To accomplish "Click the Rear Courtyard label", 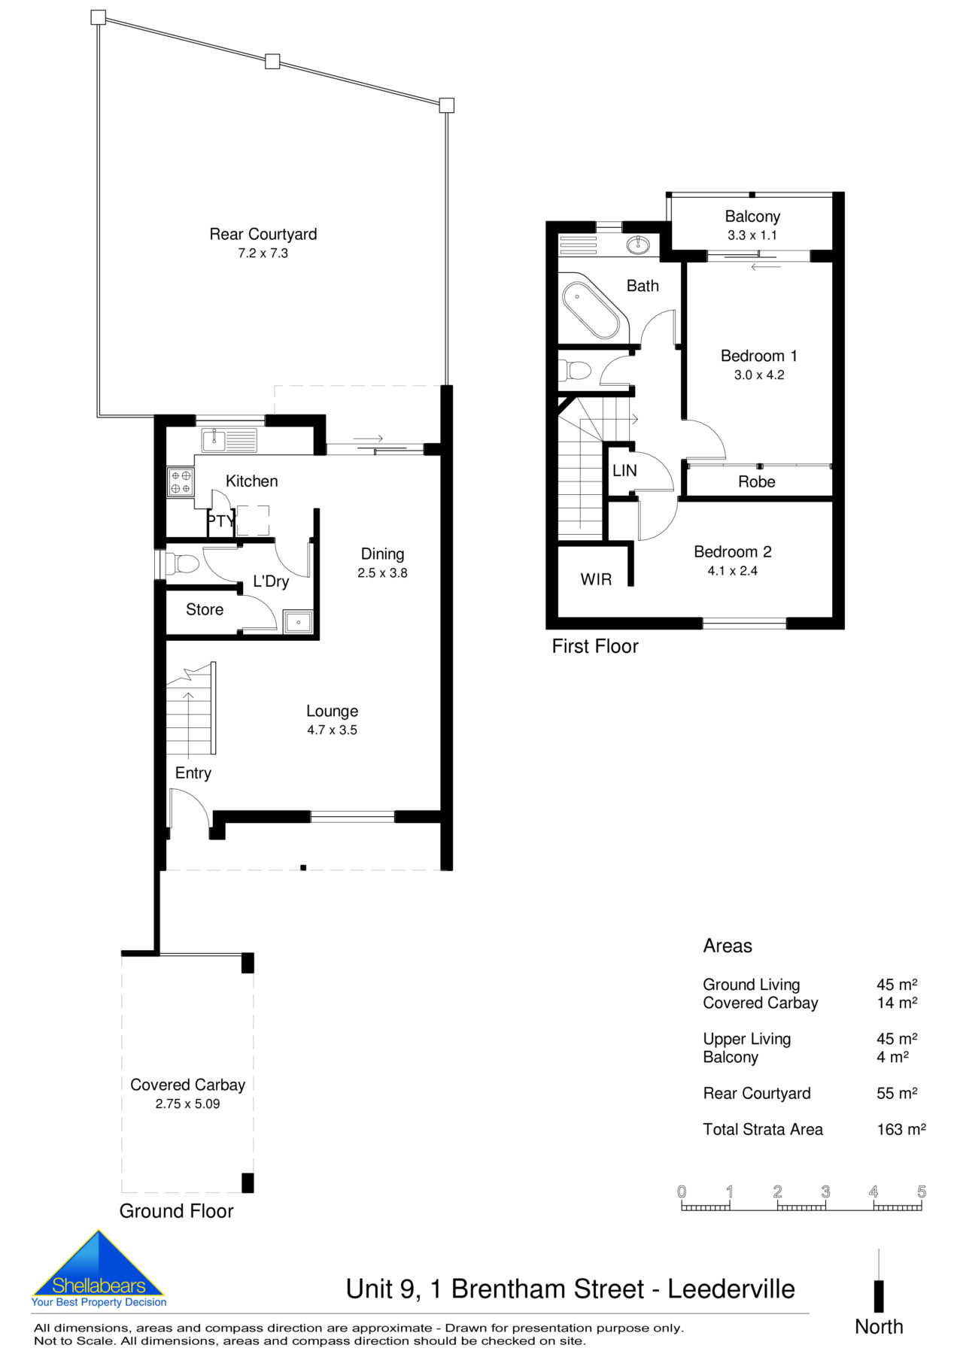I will tap(263, 234).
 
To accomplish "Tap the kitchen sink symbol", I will tap(229, 440).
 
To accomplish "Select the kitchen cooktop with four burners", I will tap(181, 481).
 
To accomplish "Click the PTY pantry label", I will tap(220, 521).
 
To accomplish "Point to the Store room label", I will tap(205, 610).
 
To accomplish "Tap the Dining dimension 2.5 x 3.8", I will tap(382, 573).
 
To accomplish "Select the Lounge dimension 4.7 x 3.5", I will tap(332, 730).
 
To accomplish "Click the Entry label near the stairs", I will tap(193, 773).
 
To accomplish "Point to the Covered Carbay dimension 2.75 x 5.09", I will tap(187, 1104).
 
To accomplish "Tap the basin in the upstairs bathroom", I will tap(638, 244).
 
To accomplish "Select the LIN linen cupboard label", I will tap(624, 471).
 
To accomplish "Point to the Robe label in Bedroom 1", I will tap(756, 482).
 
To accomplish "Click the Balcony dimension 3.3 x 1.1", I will tap(752, 235).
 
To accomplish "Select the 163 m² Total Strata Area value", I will tap(901, 1130).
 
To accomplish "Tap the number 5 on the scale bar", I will tap(921, 1192).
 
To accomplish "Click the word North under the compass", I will tap(878, 1327).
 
